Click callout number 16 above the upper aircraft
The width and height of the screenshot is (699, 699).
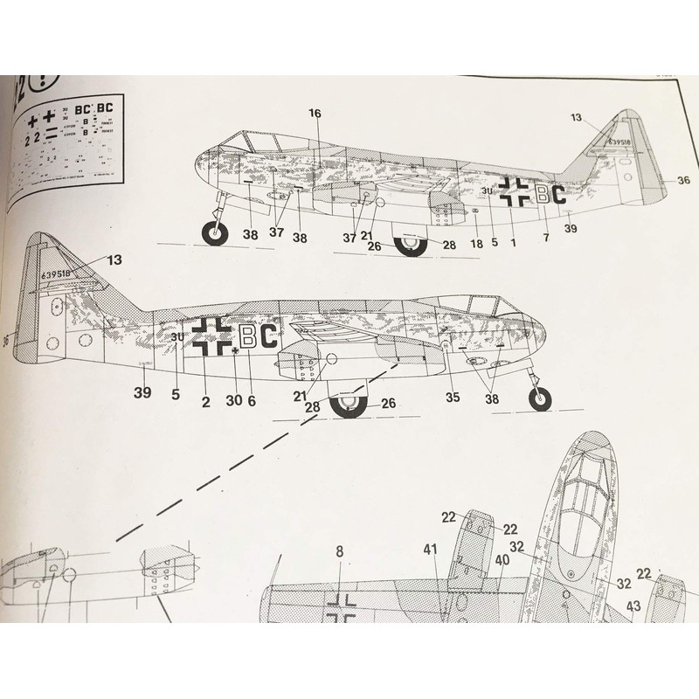tap(315, 113)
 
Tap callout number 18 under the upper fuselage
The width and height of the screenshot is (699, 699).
tap(476, 243)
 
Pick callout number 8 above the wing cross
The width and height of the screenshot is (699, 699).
tap(340, 551)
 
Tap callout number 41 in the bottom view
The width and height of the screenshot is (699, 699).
tap(430, 550)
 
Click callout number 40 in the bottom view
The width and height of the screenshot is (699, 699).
tap(502, 560)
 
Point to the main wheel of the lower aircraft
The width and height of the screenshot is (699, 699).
tap(349, 404)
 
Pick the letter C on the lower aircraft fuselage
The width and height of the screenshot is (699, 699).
tap(268, 336)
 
